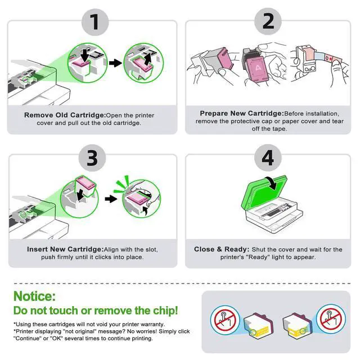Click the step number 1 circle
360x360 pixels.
(x=95, y=22)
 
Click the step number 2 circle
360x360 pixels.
(x=268, y=21)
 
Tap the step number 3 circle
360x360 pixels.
(x=92, y=158)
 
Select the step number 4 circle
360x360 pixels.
(x=268, y=157)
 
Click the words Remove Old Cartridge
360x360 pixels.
(x=65, y=115)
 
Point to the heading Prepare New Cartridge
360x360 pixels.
(x=242, y=114)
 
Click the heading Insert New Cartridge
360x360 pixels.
(x=65, y=249)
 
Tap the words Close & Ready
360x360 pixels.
(x=222, y=249)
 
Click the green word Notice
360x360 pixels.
(x=34, y=296)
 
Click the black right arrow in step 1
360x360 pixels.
(x=115, y=63)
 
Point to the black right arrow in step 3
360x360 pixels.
(x=111, y=199)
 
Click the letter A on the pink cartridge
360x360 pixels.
(x=258, y=68)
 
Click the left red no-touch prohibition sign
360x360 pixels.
(x=224, y=320)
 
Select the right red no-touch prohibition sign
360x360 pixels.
(x=331, y=319)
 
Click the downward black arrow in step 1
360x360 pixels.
(x=85, y=55)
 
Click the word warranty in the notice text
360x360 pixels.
(x=152, y=325)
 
